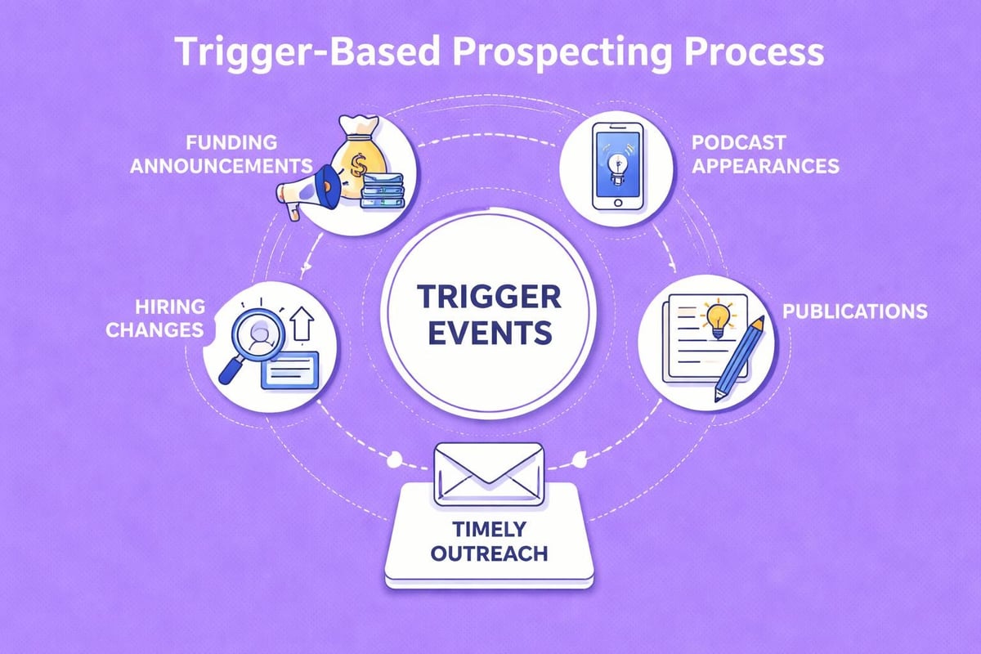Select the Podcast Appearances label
764,154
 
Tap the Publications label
853,311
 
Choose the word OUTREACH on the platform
490,553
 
